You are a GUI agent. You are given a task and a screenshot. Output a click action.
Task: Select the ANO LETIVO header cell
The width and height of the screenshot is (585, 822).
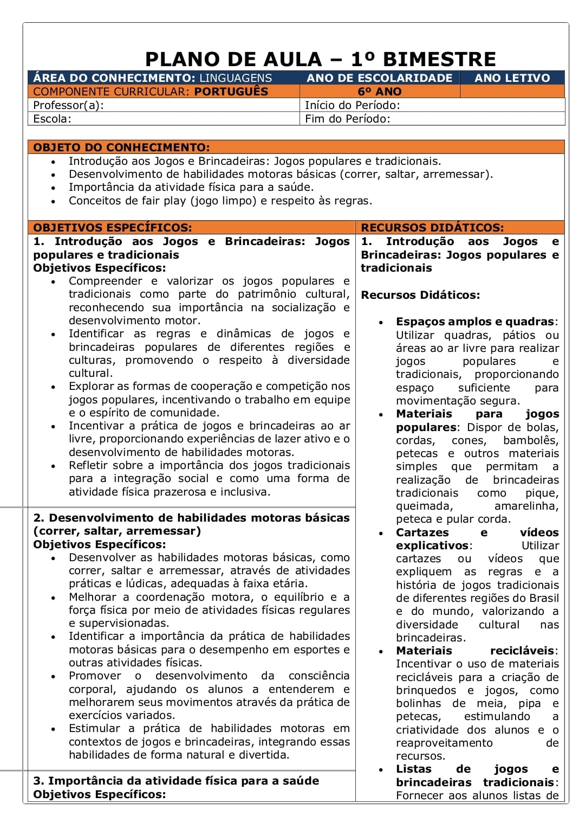click(x=512, y=78)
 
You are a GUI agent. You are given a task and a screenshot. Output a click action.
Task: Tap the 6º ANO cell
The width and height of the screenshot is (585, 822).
click(x=379, y=92)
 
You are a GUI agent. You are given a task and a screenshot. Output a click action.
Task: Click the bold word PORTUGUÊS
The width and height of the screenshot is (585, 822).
click(x=231, y=92)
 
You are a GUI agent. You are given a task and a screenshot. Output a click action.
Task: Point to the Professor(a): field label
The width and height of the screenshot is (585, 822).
click(x=68, y=105)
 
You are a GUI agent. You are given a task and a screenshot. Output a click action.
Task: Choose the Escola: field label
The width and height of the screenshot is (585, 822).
click(x=52, y=119)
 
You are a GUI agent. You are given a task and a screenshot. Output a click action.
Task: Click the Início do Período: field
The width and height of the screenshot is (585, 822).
click(x=352, y=105)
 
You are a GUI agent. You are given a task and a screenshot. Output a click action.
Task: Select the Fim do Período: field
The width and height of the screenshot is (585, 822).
click(x=347, y=119)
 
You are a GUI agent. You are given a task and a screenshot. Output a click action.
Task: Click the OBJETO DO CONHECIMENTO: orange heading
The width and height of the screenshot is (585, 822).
click(x=121, y=147)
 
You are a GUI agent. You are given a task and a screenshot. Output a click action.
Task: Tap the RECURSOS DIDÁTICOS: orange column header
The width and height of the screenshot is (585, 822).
click(x=432, y=228)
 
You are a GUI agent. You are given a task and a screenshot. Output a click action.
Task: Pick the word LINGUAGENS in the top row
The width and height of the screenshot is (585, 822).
click(x=236, y=78)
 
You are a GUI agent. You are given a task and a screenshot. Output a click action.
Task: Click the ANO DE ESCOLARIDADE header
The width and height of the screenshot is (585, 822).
click(x=379, y=78)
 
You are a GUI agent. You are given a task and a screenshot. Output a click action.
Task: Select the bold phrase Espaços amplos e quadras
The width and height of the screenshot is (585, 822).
click(x=475, y=322)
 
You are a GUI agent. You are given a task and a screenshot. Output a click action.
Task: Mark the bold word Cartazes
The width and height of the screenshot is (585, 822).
click(x=422, y=532)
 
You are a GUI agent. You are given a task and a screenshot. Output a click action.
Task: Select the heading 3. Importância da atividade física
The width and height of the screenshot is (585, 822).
click(x=176, y=781)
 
